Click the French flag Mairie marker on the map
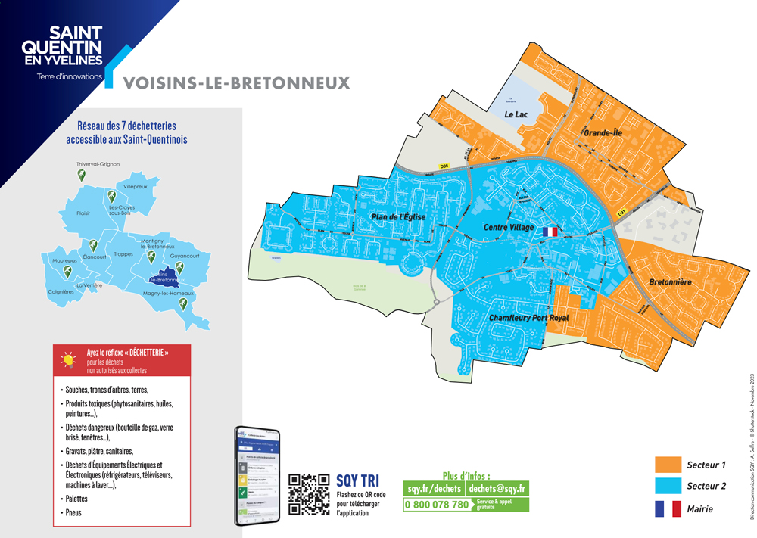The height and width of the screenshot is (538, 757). point(550,232)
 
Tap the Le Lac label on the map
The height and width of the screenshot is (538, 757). point(516,114)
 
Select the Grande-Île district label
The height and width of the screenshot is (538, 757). point(602,133)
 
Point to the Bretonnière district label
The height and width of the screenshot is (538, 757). point(670,282)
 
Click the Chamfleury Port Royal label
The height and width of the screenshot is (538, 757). point(528,318)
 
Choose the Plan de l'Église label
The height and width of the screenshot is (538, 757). point(397,217)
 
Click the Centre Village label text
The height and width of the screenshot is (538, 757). point(509,227)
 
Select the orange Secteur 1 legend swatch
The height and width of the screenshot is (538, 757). point(668,465)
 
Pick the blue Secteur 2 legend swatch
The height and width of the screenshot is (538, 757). point(668,487)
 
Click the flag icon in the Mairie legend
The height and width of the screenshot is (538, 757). point(668,509)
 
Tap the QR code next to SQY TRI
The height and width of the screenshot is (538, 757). point(310,495)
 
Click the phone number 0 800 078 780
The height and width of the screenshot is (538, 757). point(437,504)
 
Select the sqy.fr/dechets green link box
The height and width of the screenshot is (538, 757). point(434,489)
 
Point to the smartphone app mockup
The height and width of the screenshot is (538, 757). point(257,476)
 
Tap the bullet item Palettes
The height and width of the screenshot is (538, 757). point(76,499)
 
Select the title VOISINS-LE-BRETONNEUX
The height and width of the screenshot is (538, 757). point(236,82)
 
